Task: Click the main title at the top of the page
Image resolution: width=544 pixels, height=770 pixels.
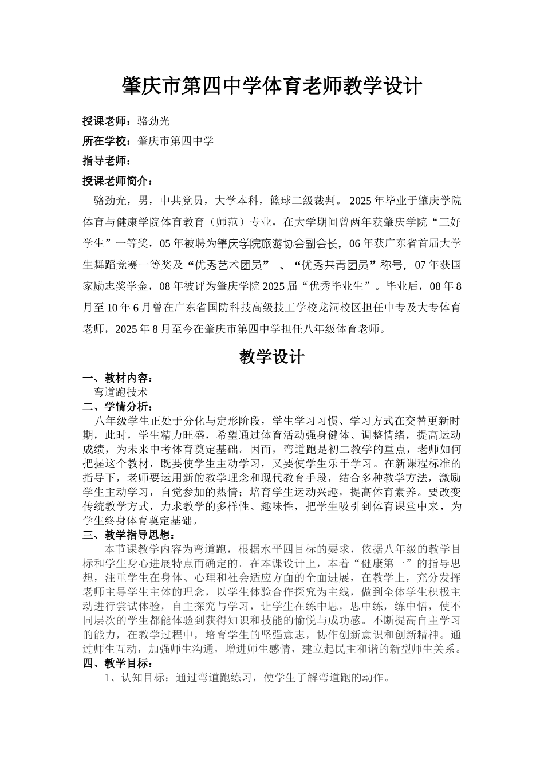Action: tap(272, 87)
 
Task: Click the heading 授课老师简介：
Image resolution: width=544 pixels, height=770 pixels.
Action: tap(119, 181)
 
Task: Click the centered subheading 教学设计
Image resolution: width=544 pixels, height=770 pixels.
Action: tap(272, 357)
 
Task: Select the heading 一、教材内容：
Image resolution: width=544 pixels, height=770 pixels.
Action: tap(118, 379)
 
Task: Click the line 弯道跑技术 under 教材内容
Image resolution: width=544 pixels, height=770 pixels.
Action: tap(121, 392)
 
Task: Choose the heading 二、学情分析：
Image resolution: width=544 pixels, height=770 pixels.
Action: tap(118, 407)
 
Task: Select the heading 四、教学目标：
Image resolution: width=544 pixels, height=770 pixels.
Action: tap(118, 664)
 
